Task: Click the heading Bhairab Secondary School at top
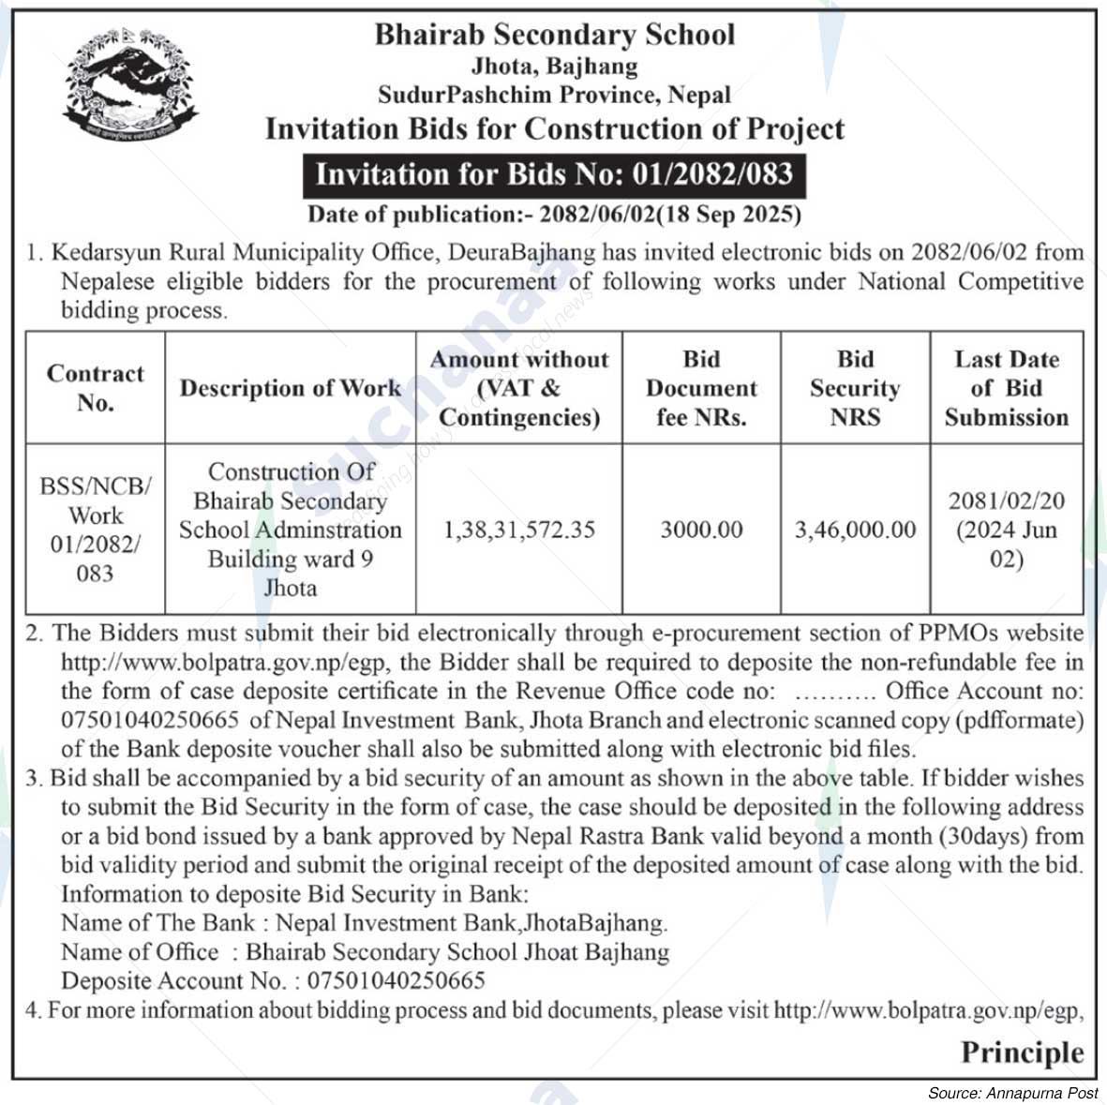[554, 35]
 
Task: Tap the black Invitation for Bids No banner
[554, 174]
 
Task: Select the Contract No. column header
[95, 388]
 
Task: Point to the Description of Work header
[290, 388]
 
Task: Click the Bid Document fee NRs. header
[701, 388]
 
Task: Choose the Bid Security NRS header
[855, 388]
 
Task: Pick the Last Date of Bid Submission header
[1006, 388]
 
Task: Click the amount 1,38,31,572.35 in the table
[518, 530]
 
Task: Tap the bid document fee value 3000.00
[701, 530]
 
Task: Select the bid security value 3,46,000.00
[855, 530]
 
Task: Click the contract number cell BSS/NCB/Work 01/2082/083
[95, 530]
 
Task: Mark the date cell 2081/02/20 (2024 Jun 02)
[1006, 530]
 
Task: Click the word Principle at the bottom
[1022, 1052]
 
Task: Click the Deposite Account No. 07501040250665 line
[273, 981]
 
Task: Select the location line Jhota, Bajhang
[554, 67]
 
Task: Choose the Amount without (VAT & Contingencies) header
[518, 388]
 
